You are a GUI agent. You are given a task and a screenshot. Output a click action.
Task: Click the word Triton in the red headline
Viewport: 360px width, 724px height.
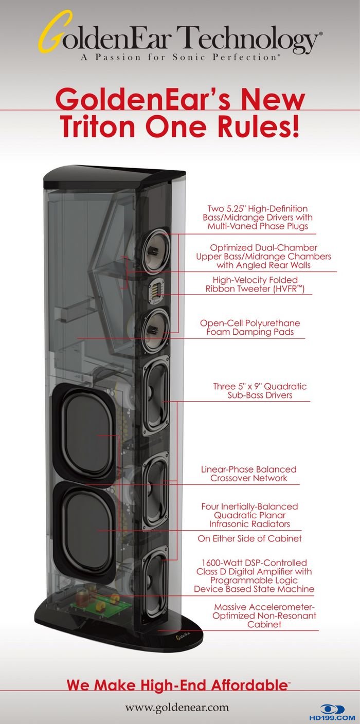103,125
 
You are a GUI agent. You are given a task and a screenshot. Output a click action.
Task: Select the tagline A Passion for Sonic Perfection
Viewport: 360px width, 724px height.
180,58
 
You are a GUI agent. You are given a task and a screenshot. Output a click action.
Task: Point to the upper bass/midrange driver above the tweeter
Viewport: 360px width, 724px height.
154,251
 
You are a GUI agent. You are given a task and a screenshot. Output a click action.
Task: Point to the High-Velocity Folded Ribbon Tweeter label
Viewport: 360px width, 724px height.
255,284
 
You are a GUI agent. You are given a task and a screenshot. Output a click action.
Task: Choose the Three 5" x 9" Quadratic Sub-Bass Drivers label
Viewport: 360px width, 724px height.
260,390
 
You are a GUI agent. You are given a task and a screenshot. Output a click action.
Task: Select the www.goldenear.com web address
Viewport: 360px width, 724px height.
177,708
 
